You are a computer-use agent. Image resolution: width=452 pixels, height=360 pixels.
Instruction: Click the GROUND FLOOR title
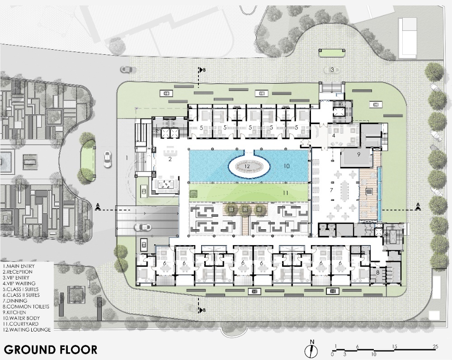click(x=51, y=349)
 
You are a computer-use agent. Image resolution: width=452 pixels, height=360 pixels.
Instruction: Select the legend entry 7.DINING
click(x=15, y=301)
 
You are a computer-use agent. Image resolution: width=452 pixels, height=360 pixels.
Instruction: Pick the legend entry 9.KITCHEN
click(x=14, y=312)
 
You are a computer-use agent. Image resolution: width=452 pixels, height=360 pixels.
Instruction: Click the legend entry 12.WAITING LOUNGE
click(x=27, y=329)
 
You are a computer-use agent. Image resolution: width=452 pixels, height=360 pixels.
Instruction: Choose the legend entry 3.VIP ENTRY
click(x=16, y=278)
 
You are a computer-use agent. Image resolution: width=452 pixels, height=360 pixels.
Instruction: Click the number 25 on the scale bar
click(x=435, y=346)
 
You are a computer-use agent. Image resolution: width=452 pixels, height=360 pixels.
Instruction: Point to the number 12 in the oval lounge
click(x=247, y=166)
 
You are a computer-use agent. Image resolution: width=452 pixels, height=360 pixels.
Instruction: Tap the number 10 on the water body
click(x=287, y=166)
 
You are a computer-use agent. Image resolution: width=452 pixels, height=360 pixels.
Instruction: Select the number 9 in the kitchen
click(x=358, y=154)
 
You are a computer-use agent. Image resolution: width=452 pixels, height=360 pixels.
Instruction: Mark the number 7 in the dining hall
click(x=331, y=190)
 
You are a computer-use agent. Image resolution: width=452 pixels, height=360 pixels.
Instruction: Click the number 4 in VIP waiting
click(x=334, y=135)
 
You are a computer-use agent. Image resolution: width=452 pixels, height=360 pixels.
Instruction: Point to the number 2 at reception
click(x=170, y=159)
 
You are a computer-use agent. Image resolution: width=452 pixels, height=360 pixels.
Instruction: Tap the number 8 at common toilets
click(x=377, y=272)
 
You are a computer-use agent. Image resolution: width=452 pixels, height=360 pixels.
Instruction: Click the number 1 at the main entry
click(x=126, y=157)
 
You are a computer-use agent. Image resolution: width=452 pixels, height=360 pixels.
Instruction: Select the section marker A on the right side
click(x=418, y=205)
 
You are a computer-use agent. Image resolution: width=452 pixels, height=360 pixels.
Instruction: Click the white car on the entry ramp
click(x=143, y=227)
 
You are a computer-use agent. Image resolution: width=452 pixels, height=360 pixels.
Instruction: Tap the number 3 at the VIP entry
click(x=332, y=70)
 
